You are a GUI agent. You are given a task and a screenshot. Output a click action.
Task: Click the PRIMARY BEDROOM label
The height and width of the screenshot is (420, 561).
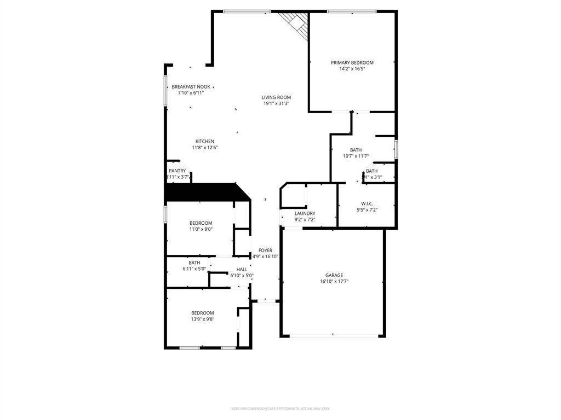coord(352,63)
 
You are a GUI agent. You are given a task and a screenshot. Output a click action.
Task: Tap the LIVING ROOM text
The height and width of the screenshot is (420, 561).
coord(276,97)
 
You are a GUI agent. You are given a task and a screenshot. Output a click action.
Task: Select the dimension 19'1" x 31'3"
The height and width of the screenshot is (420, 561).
coord(276,103)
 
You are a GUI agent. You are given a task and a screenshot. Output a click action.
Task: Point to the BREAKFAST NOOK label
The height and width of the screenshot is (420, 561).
coord(191,87)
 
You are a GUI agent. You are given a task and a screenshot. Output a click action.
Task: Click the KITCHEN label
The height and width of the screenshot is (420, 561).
coord(205,142)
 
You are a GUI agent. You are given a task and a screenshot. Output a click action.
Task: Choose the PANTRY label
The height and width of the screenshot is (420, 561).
coord(177,171)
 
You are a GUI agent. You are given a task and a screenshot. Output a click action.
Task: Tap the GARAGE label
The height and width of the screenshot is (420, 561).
coord(334,276)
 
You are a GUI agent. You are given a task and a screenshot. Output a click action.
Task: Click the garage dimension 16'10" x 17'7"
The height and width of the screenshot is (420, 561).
coord(334,282)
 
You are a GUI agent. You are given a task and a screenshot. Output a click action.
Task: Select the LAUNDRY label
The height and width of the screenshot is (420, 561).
coord(305,213)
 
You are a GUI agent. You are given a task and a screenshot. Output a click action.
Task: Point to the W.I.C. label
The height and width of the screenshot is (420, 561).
coord(367,203)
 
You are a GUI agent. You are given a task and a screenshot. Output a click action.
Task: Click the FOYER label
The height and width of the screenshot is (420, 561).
coord(265,250)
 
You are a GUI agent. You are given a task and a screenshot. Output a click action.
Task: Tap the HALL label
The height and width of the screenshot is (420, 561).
coord(242,269)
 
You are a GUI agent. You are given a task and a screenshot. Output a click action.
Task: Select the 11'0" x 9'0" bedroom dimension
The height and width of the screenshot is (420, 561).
coord(201,229)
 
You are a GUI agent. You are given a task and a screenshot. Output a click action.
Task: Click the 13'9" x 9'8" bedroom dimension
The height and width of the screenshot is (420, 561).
coord(202,319)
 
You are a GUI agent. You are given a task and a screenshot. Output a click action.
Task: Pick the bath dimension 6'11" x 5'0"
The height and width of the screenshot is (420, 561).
coord(194,269)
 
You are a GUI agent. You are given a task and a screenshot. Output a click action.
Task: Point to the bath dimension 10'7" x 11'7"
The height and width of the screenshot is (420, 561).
coord(356,156)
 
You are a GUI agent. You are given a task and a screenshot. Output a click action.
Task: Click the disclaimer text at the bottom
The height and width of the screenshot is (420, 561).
coord(280,409)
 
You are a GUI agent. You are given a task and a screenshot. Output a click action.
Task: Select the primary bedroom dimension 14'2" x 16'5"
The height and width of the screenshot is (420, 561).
coord(352,69)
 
